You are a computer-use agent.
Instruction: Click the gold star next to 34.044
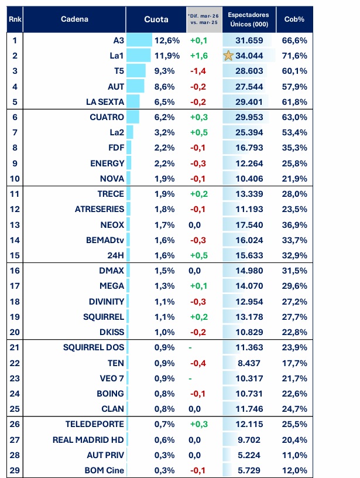[x=228, y=56]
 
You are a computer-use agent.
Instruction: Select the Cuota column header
[x=156, y=19]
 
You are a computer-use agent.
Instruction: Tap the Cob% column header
[x=295, y=19]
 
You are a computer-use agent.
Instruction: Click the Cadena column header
[x=74, y=19]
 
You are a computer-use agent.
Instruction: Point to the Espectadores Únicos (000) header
[x=248, y=19]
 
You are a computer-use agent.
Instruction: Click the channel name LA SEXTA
[x=105, y=101]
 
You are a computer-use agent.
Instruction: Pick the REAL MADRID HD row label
[x=88, y=440]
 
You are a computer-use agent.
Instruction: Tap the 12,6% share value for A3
[x=166, y=40]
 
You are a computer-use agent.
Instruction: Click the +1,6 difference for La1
[x=199, y=56]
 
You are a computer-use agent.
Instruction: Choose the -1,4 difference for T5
[x=199, y=71]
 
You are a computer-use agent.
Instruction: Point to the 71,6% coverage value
[x=296, y=56]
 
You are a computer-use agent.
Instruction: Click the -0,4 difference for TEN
[x=199, y=363]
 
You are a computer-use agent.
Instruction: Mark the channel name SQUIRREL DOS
[x=94, y=347]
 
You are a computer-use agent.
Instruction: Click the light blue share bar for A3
[x=139, y=40]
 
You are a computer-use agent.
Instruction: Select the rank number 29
[x=15, y=470]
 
